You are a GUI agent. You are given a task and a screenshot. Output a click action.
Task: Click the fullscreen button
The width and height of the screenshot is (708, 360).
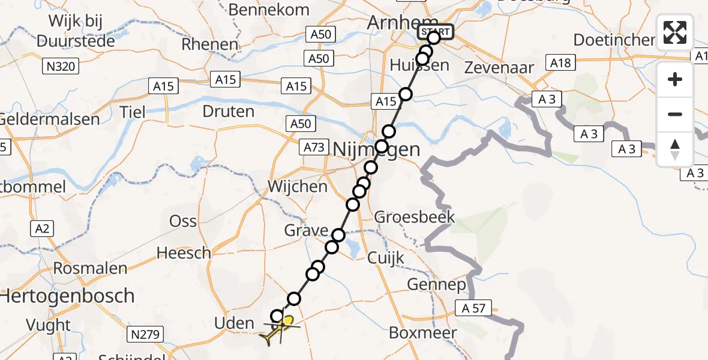pos(675,32)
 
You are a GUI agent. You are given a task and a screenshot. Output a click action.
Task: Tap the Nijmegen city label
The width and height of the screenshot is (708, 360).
pos(376,149)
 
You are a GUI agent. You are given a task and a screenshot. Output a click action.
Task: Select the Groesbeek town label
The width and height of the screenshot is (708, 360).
pos(415,217)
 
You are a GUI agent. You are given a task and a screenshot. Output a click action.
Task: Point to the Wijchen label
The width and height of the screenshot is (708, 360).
pos(298,186)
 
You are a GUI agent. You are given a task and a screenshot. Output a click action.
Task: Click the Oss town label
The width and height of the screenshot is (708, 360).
pos(183,221)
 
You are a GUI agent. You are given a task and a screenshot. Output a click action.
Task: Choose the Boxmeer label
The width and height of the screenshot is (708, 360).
pos(422,332)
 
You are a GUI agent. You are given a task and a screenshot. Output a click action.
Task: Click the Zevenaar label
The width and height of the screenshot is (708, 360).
pos(499,68)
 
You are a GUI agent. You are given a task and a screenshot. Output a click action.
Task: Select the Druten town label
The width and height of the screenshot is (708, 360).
pos(228,112)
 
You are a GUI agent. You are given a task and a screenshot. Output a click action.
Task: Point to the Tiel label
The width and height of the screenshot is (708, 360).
pos(132,112)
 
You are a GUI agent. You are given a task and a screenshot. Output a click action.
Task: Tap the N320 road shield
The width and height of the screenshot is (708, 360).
pos(61,66)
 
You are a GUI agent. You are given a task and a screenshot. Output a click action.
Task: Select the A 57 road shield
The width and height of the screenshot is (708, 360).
pos(476,309)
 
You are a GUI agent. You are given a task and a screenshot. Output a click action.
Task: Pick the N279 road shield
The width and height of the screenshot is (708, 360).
pos(145,334)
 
